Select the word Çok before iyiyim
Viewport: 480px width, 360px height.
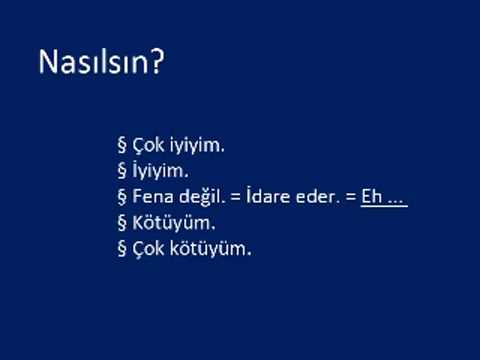[147, 145]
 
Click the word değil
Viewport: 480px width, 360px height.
[197, 197]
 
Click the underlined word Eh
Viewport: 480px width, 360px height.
[371, 197]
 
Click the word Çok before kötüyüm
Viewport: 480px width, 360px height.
[147, 248]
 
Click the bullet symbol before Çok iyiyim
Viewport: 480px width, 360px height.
[122, 146]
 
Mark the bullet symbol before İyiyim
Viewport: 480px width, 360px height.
[122, 172]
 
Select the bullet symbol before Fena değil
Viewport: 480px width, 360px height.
[122, 197]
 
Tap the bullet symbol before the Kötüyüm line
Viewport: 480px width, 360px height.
[122, 223]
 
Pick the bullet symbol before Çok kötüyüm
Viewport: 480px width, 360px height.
[122, 249]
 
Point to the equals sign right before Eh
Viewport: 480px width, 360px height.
[349, 197]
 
